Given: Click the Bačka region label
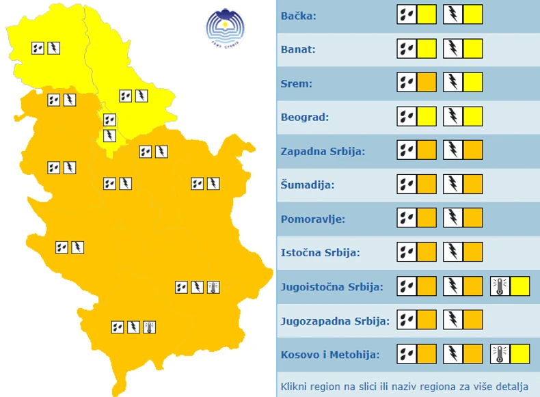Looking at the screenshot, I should click(x=299, y=15).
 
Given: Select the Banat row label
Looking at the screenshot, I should click(x=298, y=49).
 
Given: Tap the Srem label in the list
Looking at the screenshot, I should click(x=296, y=83).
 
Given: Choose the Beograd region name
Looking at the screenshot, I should click(x=305, y=117).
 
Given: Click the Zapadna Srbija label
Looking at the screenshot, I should click(x=323, y=151).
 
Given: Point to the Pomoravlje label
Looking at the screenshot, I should click(x=313, y=219).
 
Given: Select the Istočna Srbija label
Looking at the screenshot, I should click(x=320, y=253).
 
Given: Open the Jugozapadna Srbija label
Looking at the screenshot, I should click(x=335, y=320).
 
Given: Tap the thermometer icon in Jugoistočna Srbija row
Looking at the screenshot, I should click(x=500, y=286).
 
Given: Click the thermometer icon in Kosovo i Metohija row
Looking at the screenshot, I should click(x=500, y=354).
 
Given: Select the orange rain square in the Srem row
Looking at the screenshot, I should click(x=427, y=83).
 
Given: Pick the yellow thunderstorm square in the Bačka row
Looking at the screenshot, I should click(x=473, y=14).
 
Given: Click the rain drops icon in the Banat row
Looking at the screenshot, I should click(x=407, y=49).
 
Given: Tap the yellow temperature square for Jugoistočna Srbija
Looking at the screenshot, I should click(x=519, y=286).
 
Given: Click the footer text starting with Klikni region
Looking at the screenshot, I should click(x=404, y=387).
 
